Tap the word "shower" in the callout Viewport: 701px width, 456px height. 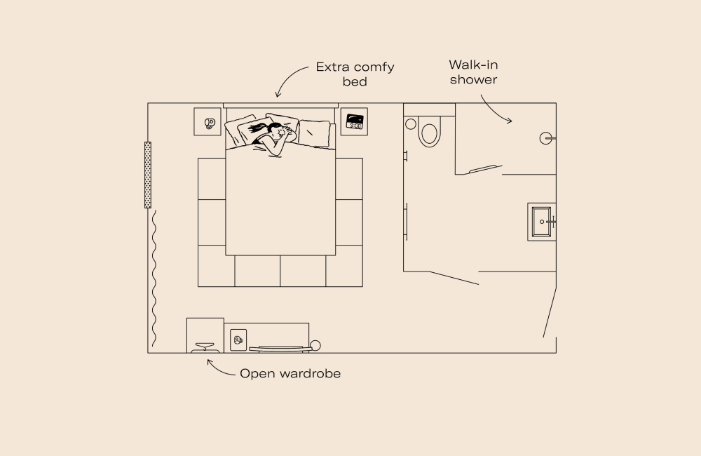[473, 79]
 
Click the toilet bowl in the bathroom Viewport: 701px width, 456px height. [429, 133]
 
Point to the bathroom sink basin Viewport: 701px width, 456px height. [541, 222]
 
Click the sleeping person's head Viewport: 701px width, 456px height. [276, 131]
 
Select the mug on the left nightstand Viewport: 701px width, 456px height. [209, 123]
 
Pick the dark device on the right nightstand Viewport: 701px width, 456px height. [355, 121]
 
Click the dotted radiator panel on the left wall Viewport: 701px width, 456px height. [148, 175]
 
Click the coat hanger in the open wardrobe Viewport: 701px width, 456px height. [205, 345]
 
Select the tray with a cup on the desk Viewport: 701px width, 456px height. [238, 340]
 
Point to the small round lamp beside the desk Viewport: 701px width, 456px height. [315, 344]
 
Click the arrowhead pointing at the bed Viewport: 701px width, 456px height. [278, 96]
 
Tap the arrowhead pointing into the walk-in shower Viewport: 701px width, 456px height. [510, 121]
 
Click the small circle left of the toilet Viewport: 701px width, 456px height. [411, 123]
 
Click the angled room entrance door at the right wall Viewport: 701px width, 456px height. [549, 311]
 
